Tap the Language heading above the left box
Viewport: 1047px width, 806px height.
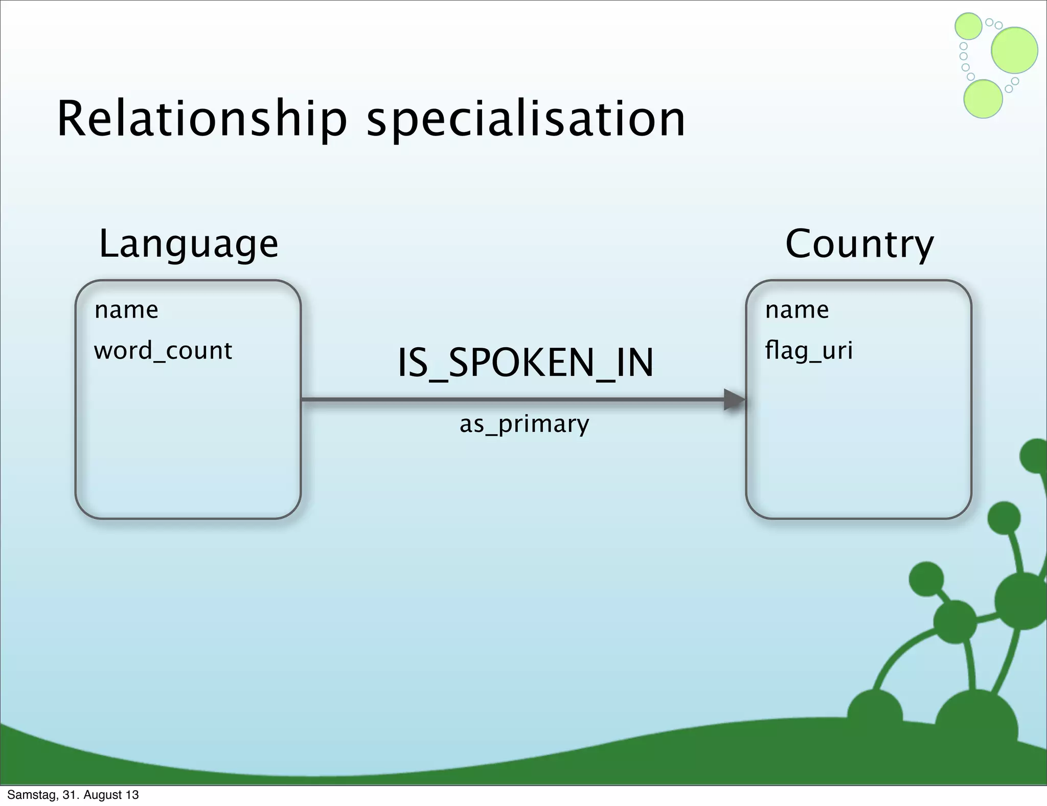coord(189,244)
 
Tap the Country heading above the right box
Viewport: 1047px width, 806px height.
coord(859,244)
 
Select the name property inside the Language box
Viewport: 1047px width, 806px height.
coord(126,310)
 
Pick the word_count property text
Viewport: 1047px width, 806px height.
coord(163,351)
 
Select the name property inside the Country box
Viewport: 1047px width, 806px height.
coord(796,310)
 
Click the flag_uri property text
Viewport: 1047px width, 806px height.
coord(809,351)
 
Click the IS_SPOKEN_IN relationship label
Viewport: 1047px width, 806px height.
coord(526,363)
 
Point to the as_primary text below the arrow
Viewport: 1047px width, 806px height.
coord(525,424)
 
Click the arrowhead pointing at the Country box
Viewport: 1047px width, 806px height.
coord(735,399)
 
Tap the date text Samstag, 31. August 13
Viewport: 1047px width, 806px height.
coord(73,795)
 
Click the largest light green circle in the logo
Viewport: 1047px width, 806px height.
coord(1014,50)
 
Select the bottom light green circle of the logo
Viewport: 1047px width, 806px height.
coord(983,99)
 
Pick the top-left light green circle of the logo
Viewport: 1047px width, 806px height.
coord(968,26)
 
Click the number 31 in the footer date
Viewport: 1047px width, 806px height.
coord(69,795)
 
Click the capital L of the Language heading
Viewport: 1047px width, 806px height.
coord(108,244)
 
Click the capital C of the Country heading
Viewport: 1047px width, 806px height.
coord(800,244)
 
